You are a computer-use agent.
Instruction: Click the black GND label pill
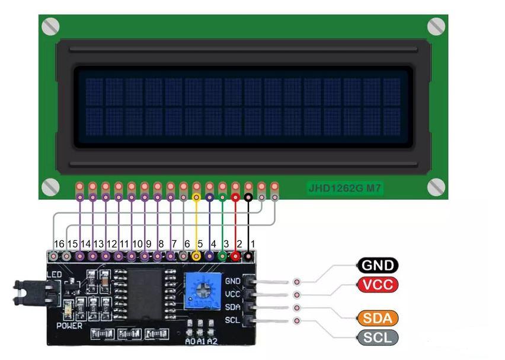pyautogui.click(x=377, y=266)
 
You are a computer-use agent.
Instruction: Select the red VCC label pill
pyautogui.click(x=377, y=285)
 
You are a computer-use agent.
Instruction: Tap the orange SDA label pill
pyautogui.click(x=377, y=318)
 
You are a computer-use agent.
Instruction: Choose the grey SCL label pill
pyautogui.click(x=377, y=337)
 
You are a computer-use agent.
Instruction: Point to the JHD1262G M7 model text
pyautogui.click(x=344, y=189)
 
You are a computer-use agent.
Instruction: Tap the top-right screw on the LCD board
pyautogui.click(x=436, y=26)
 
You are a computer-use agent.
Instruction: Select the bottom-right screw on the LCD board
pyautogui.click(x=436, y=186)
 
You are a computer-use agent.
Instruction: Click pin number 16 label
pyautogui.click(x=59, y=244)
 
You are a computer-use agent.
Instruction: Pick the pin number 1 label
pyautogui.click(x=252, y=244)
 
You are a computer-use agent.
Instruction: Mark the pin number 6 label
pyautogui.click(x=187, y=244)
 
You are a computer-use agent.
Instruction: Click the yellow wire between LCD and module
pyautogui.click(x=196, y=222)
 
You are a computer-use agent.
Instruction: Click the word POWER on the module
pyautogui.click(x=69, y=326)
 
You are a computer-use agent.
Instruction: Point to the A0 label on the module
pyautogui.click(x=190, y=341)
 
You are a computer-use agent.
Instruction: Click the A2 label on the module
pyautogui.click(x=212, y=341)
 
